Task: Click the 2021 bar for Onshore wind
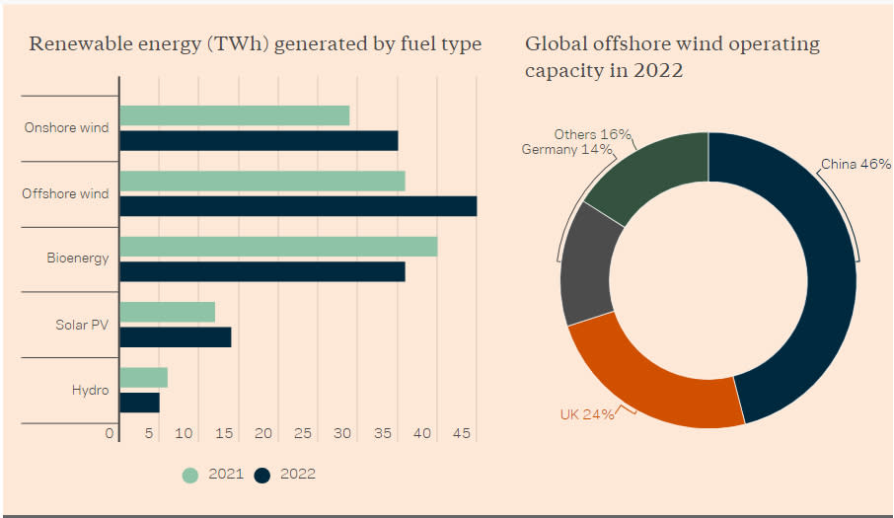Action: (x=234, y=115)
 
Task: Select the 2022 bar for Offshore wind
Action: (x=297, y=206)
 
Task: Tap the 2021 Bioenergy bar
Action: (x=277, y=247)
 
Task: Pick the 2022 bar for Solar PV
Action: (x=175, y=336)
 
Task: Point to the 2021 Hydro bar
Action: (x=143, y=377)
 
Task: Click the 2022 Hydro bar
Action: (x=139, y=403)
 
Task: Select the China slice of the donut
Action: (x=814, y=276)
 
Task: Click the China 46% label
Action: (x=857, y=164)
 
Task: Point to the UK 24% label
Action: (x=586, y=414)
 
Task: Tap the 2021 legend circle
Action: (x=190, y=475)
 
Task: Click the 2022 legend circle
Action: (x=261, y=475)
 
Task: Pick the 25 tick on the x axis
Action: (x=303, y=434)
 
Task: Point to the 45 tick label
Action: (x=461, y=434)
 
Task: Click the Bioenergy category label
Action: (x=77, y=259)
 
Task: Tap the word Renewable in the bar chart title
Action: (x=73, y=44)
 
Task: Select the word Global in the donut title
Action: (x=552, y=44)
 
